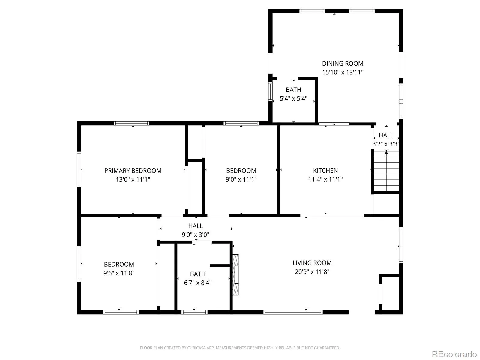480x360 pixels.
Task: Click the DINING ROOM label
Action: (x=343, y=64)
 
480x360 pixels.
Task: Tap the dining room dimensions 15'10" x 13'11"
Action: (x=343, y=72)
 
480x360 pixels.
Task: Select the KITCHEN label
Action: (x=325, y=170)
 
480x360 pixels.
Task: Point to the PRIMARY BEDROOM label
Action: (x=133, y=170)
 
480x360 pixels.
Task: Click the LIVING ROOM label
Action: (x=312, y=263)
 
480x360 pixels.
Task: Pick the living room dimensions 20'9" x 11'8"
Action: (x=312, y=272)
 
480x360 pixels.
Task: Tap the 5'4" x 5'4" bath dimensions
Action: (x=293, y=99)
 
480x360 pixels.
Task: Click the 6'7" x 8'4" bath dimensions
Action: (x=198, y=283)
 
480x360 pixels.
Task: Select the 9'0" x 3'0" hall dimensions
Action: (x=196, y=235)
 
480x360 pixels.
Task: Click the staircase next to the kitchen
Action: (x=386, y=171)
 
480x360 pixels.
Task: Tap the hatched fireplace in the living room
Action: (x=235, y=275)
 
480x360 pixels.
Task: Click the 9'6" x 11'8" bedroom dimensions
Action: (x=119, y=273)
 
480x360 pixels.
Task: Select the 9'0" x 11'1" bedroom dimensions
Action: (x=241, y=179)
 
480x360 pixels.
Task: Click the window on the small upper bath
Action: (x=270, y=91)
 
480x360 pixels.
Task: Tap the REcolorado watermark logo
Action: (x=454, y=354)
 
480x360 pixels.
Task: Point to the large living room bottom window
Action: (x=293, y=312)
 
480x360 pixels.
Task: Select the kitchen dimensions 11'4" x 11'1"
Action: (x=325, y=179)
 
